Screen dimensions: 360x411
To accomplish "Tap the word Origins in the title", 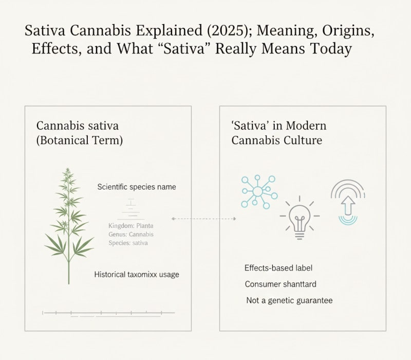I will coord(345,30).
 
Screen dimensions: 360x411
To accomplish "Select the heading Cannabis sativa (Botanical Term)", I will coord(80,133).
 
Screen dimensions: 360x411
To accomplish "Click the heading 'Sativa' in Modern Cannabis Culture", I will coord(279,133).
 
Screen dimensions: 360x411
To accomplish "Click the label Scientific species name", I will coord(137,187).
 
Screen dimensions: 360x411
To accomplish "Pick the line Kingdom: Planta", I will coord(131,226).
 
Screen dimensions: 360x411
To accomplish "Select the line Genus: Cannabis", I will coord(131,234).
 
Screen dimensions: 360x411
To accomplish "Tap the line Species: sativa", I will coord(128,242).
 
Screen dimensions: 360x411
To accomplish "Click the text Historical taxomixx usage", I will coord(137,275).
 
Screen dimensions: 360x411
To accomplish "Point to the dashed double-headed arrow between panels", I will coord(203,219).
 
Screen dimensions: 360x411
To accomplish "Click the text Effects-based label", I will coord(278,268).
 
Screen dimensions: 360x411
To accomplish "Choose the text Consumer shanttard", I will coord(281,284).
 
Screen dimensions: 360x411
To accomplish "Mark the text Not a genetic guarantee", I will coord(289,300).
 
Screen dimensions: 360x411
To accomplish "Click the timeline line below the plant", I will coord(109,312).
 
